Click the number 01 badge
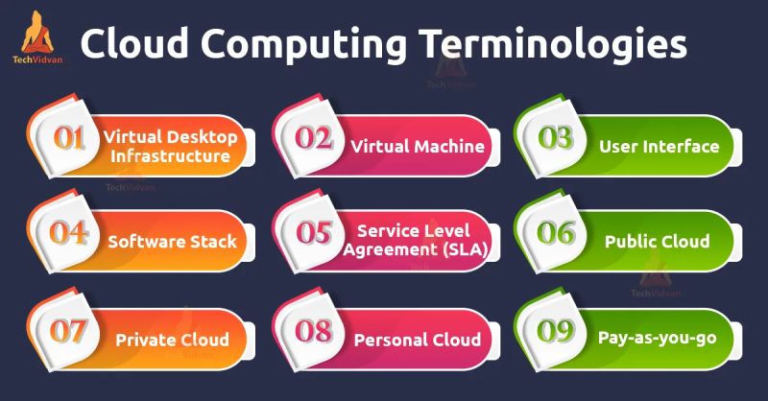click(x=68, y=140)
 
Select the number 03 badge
click(x=554, y=140)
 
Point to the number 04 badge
click(x=68, y=235)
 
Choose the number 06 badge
click(x=554, y=235)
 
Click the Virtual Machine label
click(x=417, y=147)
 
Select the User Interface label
click(x=659, y=147)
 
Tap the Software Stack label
click(x=172, y=242)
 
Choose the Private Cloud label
click(x=172, y=340)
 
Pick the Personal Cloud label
click(x=417, y=340)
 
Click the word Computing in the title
click(x=289, y=46)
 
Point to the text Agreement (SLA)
click(x=417, y=251)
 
